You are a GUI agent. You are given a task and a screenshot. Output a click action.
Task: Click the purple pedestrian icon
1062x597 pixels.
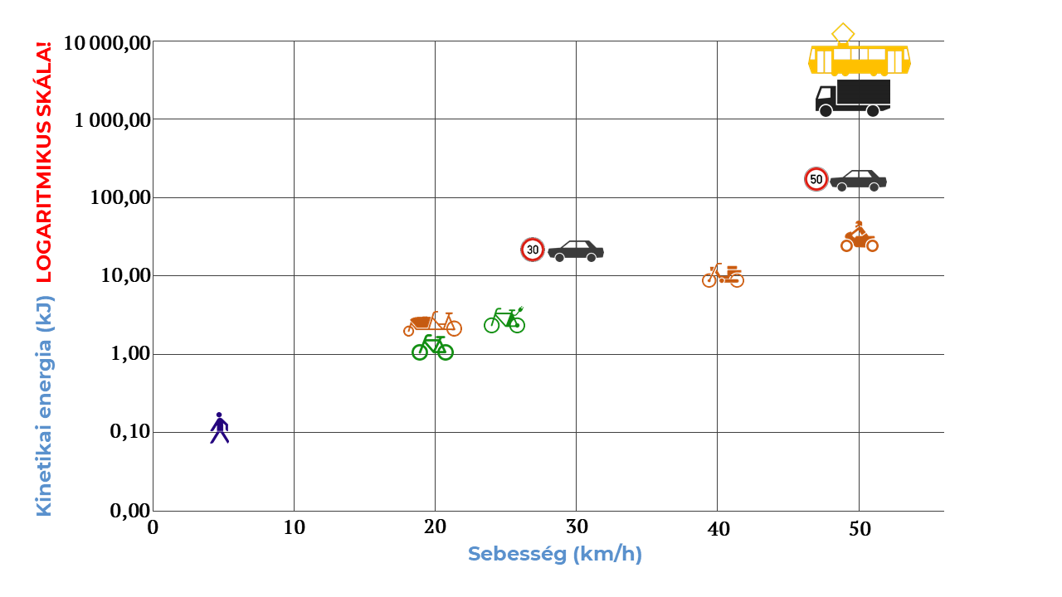219,428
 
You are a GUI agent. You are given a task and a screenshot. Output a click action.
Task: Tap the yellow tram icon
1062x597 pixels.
860,58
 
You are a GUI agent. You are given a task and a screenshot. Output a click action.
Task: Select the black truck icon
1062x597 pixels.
853,98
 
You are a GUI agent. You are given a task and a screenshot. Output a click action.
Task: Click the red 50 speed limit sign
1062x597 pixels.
816,179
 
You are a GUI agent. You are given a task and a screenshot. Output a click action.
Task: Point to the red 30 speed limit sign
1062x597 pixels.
533,250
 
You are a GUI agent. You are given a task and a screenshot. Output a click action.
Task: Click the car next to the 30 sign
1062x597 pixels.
576,250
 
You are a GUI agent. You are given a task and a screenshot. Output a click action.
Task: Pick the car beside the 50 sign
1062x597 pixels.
858,180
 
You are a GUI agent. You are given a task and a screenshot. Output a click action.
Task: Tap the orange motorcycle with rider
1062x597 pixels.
859,237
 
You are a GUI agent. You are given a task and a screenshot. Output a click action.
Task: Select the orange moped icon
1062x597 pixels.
723,276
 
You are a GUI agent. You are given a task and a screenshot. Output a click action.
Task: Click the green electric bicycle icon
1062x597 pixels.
504,320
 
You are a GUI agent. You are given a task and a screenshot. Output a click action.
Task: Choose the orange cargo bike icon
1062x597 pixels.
432,324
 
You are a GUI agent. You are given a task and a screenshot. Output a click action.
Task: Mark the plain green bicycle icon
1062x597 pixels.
432,347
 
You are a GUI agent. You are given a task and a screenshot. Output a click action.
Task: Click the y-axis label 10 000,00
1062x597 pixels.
107,43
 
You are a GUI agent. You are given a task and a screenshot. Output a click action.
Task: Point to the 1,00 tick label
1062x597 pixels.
130,354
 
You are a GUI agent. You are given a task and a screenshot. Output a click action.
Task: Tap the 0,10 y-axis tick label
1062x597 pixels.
130,432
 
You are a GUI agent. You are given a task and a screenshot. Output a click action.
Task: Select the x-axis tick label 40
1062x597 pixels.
717,528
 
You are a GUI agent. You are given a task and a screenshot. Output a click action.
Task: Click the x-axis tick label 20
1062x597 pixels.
435,528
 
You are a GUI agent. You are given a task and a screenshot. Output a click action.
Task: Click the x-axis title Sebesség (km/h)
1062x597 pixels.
554,554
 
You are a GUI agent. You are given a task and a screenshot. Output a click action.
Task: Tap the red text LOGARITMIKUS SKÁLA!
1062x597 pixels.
43,162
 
